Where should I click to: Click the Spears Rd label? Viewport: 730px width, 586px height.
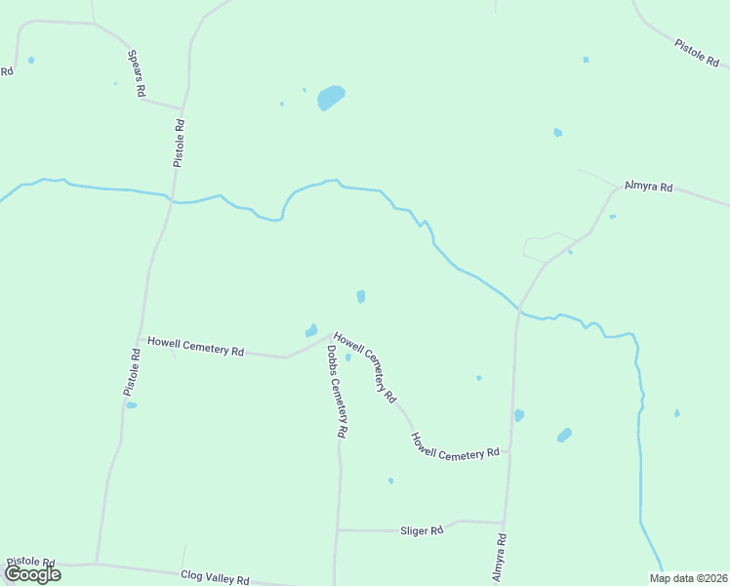pos(137,72)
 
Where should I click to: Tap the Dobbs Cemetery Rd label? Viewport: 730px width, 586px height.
pos(338,391)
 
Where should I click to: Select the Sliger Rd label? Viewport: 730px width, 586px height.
pos(422,530)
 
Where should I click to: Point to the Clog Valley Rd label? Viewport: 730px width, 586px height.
pos(216,579)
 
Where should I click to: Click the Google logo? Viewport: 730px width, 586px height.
pos(32,573)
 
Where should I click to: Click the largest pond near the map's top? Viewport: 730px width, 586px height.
pos(330,98)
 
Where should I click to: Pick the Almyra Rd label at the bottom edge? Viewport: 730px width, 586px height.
pos(500,559)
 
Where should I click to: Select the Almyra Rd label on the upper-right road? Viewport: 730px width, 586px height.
pos(649,186)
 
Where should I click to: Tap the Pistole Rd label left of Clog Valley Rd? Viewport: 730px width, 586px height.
pos(30,564)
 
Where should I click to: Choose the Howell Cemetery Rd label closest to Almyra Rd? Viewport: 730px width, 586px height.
pos(455,447)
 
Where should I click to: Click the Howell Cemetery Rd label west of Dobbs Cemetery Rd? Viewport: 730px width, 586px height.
pos(195,347)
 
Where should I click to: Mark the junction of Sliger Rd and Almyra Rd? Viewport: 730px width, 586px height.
pos(505,523)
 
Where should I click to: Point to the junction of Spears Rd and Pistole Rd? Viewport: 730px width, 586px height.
pos(182,108)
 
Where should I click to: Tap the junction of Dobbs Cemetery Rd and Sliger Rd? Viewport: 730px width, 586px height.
pos(338,530)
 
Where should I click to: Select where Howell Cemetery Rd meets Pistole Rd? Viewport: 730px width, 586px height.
pos(142,340)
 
